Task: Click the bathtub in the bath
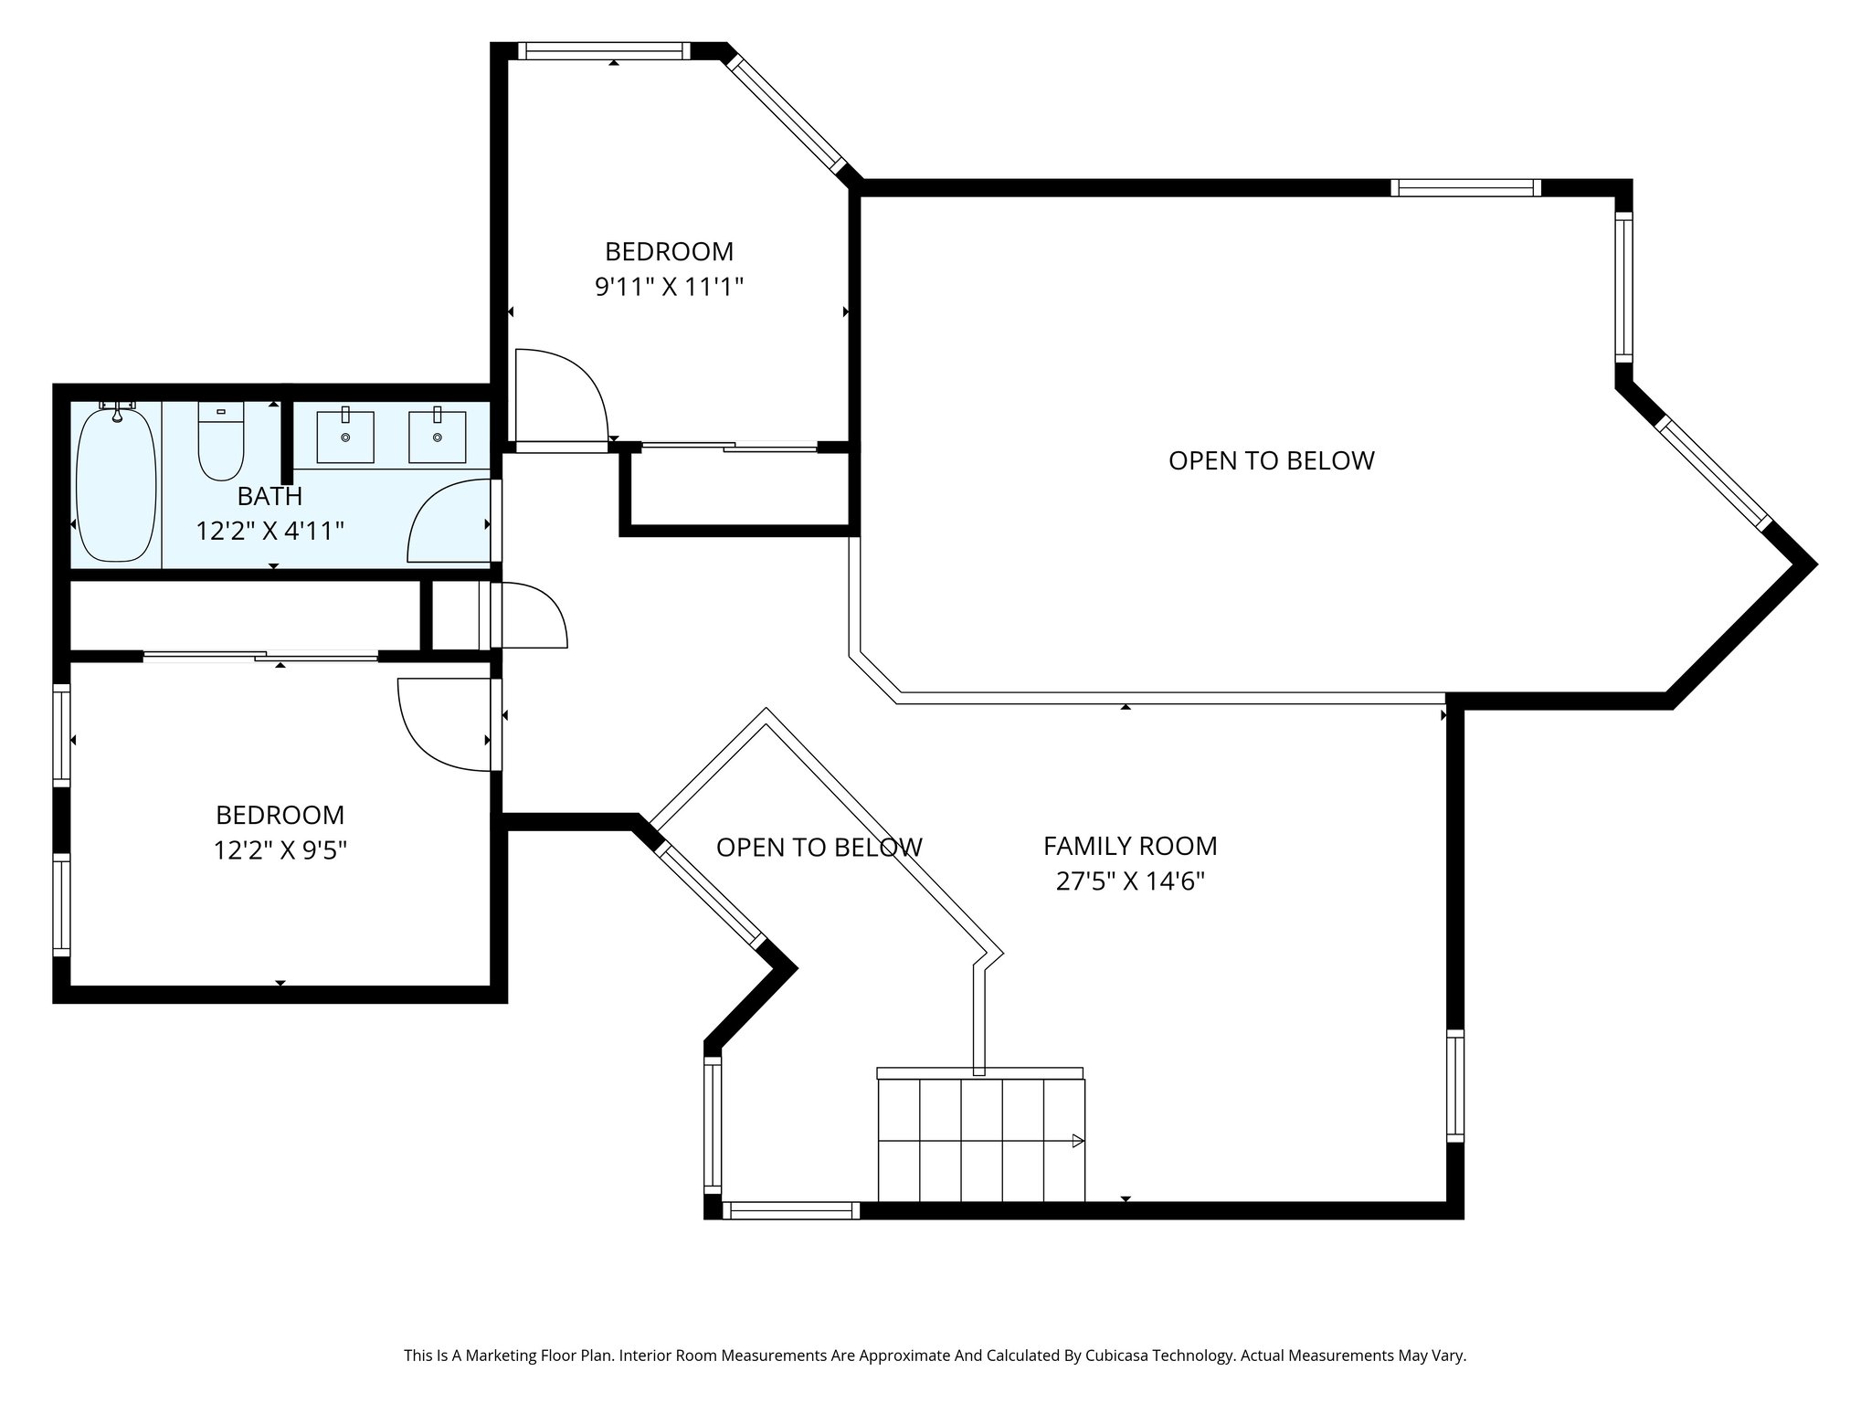pos(116,486)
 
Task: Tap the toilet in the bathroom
pos(221,443)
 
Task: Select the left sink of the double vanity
pos(345,438)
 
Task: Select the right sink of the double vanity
pos(437,438)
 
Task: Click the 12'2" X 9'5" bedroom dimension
pos(280,850)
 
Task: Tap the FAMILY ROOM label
pos(1130,846)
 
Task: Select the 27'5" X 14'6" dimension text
pos(1130,881)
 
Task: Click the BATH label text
pos(270,496)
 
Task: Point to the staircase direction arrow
pos(1077,1141)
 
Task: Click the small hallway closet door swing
pos(530,616)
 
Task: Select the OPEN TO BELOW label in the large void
pos(1271,460)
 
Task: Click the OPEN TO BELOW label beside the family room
pos(819,848)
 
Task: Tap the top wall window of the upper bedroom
pos(605,51)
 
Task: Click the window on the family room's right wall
pos(1454,1085)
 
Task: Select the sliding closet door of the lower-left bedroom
pos(261,655)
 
